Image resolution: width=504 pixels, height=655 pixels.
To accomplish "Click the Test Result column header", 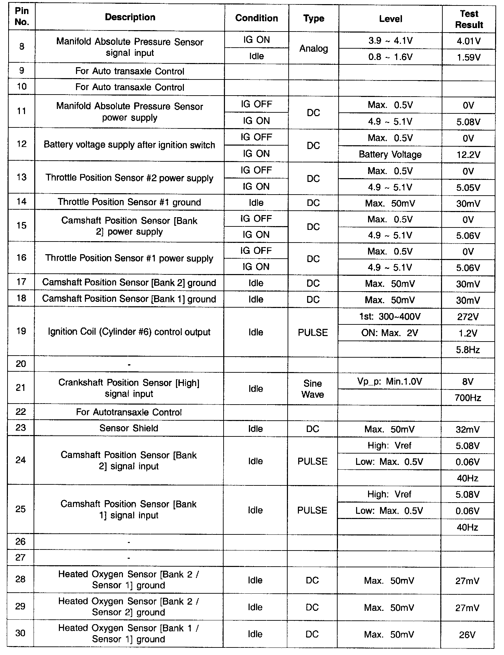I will pos(469,19).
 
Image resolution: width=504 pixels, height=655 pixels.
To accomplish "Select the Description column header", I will pos(130,17).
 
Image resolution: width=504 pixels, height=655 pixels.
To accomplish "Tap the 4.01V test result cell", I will pos(469,41).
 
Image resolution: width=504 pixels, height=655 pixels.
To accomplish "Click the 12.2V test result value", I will pos(468,155).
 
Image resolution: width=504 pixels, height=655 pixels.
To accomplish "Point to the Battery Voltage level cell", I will pos(390,155).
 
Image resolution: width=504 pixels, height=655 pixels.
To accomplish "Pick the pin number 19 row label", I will pos(21,331).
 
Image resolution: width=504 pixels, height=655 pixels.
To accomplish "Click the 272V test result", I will pos(468,317).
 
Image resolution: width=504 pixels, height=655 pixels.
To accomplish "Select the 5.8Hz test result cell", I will pos(468,350).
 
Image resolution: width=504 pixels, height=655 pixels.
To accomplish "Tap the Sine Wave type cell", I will pos(313,389).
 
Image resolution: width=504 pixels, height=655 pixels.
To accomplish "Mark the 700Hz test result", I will pos(468,398).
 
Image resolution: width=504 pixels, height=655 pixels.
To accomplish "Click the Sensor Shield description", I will pos(129,428).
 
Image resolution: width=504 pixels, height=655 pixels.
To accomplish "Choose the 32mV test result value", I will pos(468,430).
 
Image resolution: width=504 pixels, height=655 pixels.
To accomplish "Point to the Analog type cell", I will pos(314,49).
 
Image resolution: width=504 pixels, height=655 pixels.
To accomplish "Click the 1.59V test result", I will pos(469,57).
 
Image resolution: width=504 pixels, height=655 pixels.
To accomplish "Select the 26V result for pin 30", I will pos(467,635).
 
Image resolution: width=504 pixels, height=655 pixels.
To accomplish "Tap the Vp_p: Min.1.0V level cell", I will pos(390,381).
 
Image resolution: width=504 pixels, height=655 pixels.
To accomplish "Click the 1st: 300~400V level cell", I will pos(390,317).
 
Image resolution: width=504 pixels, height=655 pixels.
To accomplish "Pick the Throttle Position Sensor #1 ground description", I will pos(129,202).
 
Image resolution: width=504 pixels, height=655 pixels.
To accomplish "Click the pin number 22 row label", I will pos(21,412).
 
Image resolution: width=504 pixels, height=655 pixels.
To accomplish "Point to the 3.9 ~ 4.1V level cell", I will pos(390,41).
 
